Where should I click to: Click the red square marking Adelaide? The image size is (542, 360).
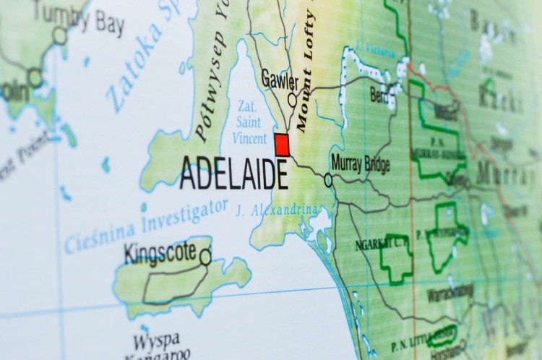coord(282,144)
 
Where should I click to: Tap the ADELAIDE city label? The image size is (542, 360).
coord(233,173)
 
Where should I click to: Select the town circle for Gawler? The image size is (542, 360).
coord(292,100)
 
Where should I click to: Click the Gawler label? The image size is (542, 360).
coord(280,78)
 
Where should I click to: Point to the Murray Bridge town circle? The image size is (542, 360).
coord(328,179)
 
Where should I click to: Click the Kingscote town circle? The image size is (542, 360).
coord(205,257)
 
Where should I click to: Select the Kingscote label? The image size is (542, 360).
coord(160,252)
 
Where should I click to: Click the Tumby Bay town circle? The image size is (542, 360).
coord(59,35)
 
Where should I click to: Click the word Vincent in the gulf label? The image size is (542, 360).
coord(246,140)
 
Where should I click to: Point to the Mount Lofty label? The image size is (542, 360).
coord(306,69)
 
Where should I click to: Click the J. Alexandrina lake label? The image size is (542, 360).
coord(276,210)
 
